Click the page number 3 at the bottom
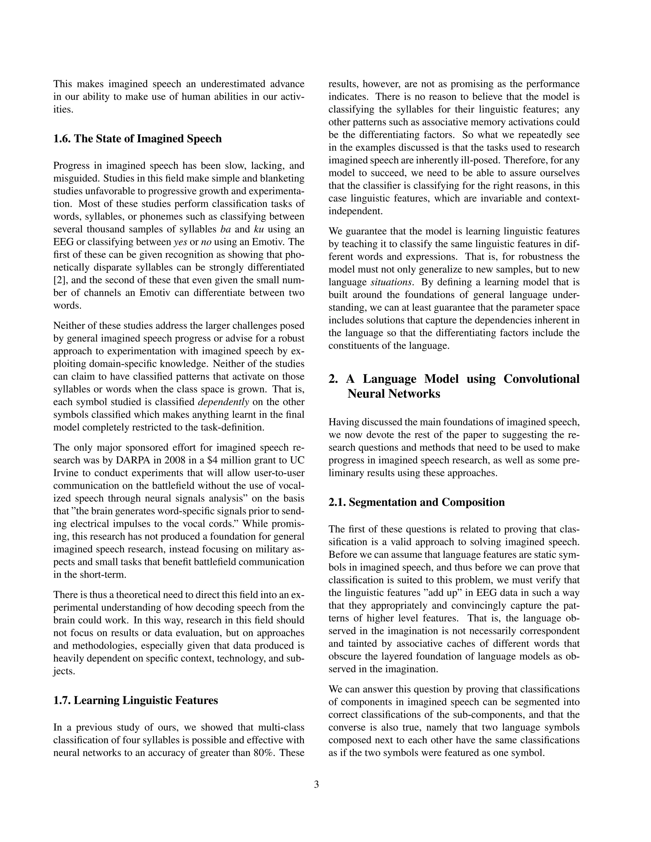(x=316, y=784)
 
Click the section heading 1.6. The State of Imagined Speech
(x=137, y=139)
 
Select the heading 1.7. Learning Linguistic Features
(x=135, y=700)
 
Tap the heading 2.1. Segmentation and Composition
(x=416, y=502)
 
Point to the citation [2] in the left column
(x=60, y=280)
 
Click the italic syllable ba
(x=225, y=229)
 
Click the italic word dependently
(x=223, y=402)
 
